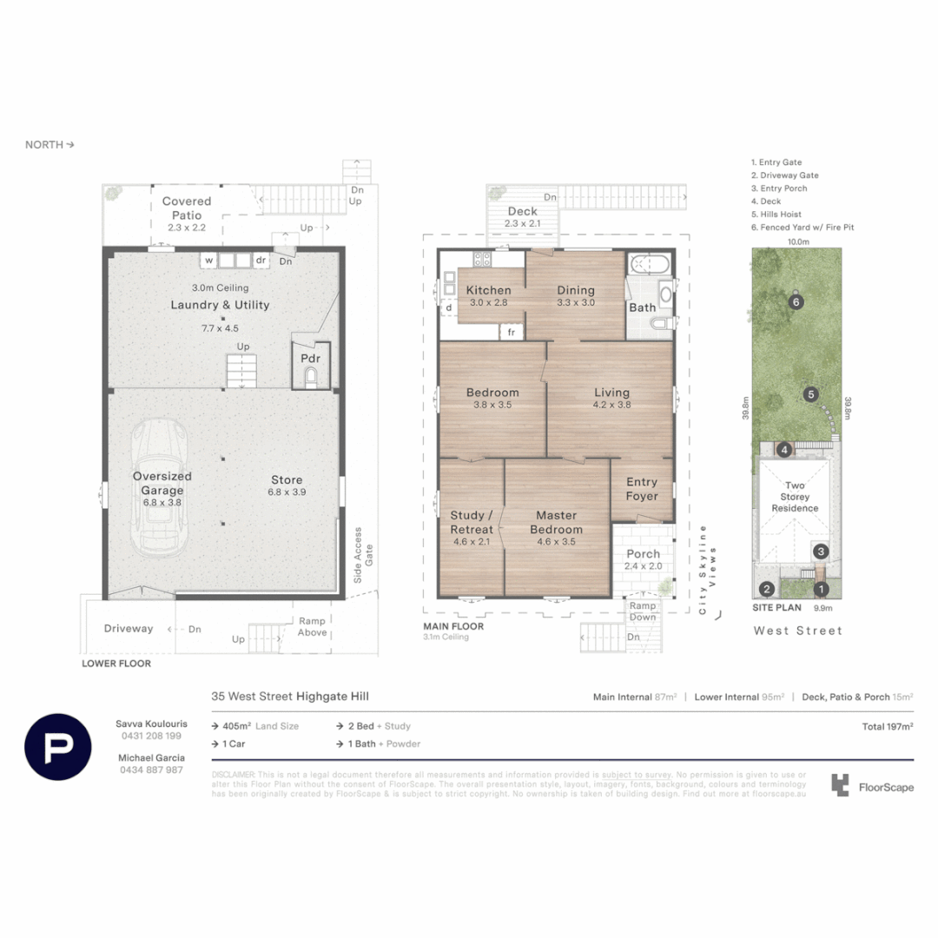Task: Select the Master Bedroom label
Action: pos(557,522)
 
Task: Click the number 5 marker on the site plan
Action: pos(809,394)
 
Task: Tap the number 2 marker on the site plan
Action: pos(766,590)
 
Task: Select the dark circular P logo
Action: pos(58,747)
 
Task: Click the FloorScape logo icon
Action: pos(839,786)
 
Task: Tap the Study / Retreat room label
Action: pos(472,522)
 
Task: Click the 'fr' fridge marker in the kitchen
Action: pos(511,333)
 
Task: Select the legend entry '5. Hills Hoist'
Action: pos(776,215)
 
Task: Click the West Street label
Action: pos(797,631)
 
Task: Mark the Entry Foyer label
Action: pos(642,489)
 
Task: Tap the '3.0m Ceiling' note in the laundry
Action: pos(220,287)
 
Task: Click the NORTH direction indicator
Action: pos(50,145)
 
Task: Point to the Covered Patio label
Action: pos(187,208)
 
